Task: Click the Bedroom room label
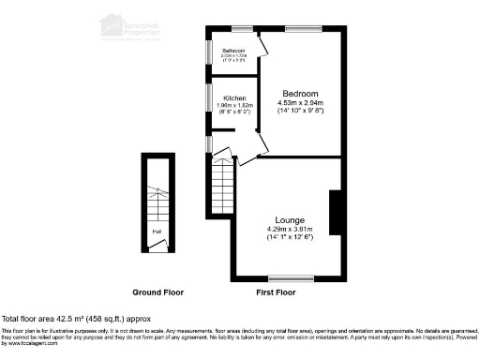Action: [301, 94]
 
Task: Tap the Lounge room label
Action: [288, 219]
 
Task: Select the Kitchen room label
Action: [233, 97]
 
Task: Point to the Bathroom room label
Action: [232, 51]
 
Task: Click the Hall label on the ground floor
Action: [157, 231]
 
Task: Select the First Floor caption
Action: [276, 292]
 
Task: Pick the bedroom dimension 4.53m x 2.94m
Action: [301, 103]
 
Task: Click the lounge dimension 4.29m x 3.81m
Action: [288, 229]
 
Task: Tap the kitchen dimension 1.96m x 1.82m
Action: [233, 105]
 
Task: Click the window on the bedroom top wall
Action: [301, 30]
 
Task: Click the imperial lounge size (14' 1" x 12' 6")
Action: [288, 238]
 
